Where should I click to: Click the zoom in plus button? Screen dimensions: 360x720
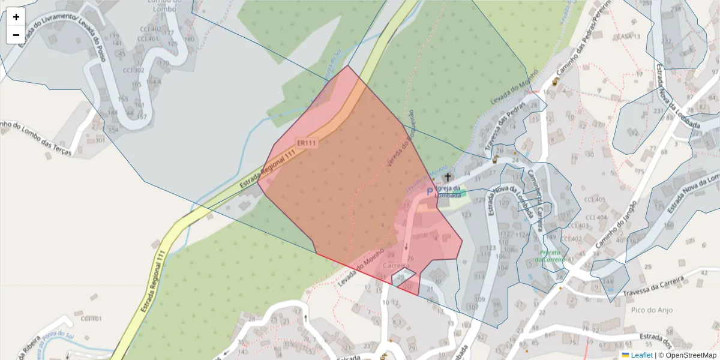(x=16, y=17)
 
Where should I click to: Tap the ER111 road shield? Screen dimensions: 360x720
(x=306, y=143)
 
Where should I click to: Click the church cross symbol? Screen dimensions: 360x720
(x=448, y=177)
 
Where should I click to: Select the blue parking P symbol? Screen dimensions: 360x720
(x=429, y=192)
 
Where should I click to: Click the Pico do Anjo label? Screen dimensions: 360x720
(x=652, y=310)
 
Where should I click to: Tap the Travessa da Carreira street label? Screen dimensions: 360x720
(x=653, y=287)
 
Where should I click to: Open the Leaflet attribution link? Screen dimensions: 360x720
(x=641, y=355)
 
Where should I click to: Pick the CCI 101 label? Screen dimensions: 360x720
(x=91, y=319)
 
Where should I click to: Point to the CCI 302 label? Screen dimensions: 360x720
(x=133, y=70)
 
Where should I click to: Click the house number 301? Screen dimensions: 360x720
(x=100, y=141)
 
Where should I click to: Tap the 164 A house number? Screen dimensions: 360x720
(x=153, y=82)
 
